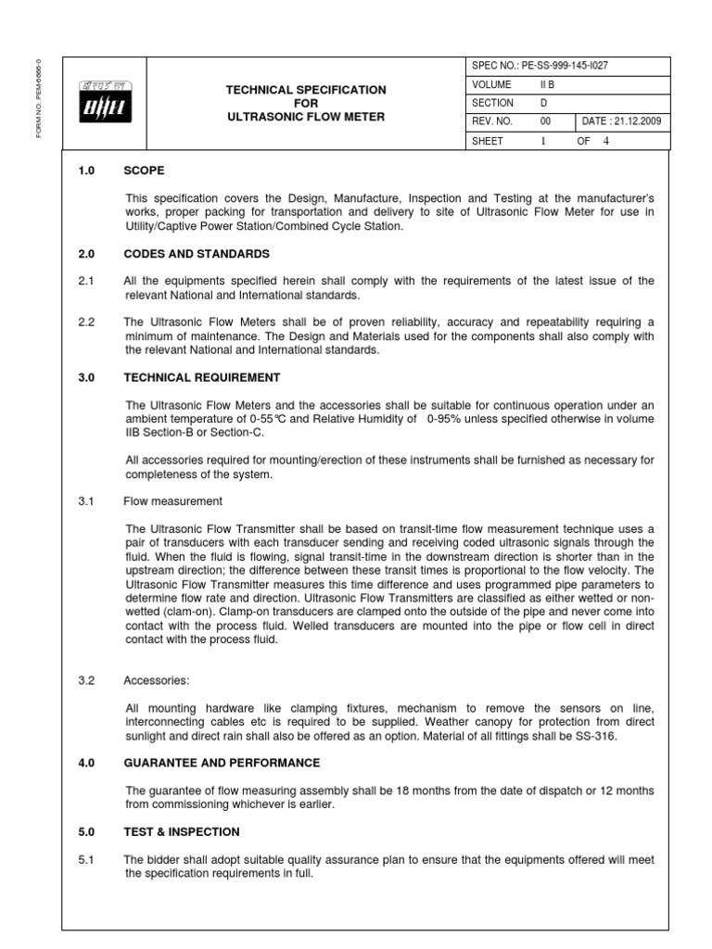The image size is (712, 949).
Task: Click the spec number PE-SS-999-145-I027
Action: pos(554,65)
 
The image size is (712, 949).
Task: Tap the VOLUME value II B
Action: pos(549,83)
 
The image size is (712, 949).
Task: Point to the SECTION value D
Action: pos(544,103)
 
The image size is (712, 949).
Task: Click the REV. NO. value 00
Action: pos(545,121)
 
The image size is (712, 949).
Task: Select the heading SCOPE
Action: pos(144,171)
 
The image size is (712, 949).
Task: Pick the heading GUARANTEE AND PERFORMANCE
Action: pos(222,763)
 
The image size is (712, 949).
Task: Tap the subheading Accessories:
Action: pos(156,679)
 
